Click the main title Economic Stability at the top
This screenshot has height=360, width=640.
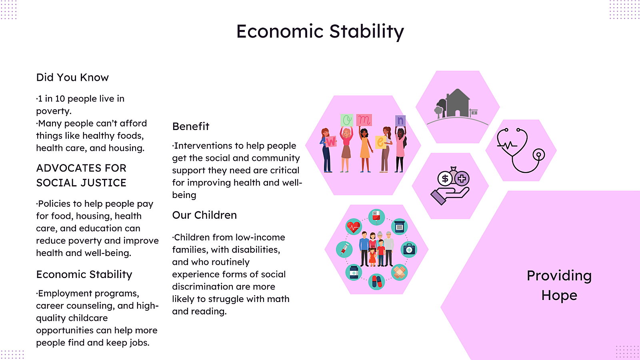point(320,32)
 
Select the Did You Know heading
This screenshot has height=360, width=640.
point(72,78)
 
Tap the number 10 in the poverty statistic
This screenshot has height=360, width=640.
point(60,98)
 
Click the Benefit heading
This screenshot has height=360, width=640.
point(190,126)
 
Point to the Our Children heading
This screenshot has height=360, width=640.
point(204,215)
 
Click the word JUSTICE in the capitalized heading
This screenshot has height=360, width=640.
point(104,183)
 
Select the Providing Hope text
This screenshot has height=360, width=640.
point(559,285)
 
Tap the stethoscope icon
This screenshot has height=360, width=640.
point(520,150)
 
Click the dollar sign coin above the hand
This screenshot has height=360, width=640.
point(445,178)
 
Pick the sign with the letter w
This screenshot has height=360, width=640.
point(330,142)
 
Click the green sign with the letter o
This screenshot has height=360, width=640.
point(347,120)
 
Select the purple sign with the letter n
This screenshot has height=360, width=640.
point(400,120)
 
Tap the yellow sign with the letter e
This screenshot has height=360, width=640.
point(380,142)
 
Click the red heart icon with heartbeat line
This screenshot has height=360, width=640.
point(354,227)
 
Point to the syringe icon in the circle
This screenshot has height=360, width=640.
point(344,249)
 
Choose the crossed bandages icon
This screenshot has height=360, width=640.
point(399,272)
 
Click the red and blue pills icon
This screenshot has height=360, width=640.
point(376,282)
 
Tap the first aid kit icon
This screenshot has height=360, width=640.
point(409,250)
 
